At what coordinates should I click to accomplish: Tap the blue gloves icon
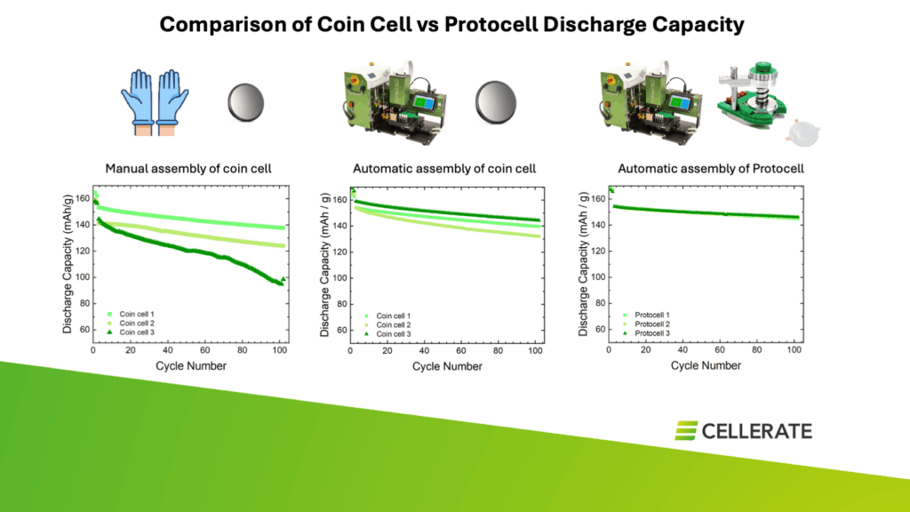point(149,102)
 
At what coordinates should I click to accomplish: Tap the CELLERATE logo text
point(755,431)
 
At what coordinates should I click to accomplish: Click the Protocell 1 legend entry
point(654,315)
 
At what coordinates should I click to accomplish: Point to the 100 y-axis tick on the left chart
point(83,277)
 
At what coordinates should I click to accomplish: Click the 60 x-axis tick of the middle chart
point(462,352)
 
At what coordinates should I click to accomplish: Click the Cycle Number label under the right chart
point(706,365)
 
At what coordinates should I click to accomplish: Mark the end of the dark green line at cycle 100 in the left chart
point(281,284)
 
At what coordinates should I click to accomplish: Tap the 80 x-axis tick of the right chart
point(758,352)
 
